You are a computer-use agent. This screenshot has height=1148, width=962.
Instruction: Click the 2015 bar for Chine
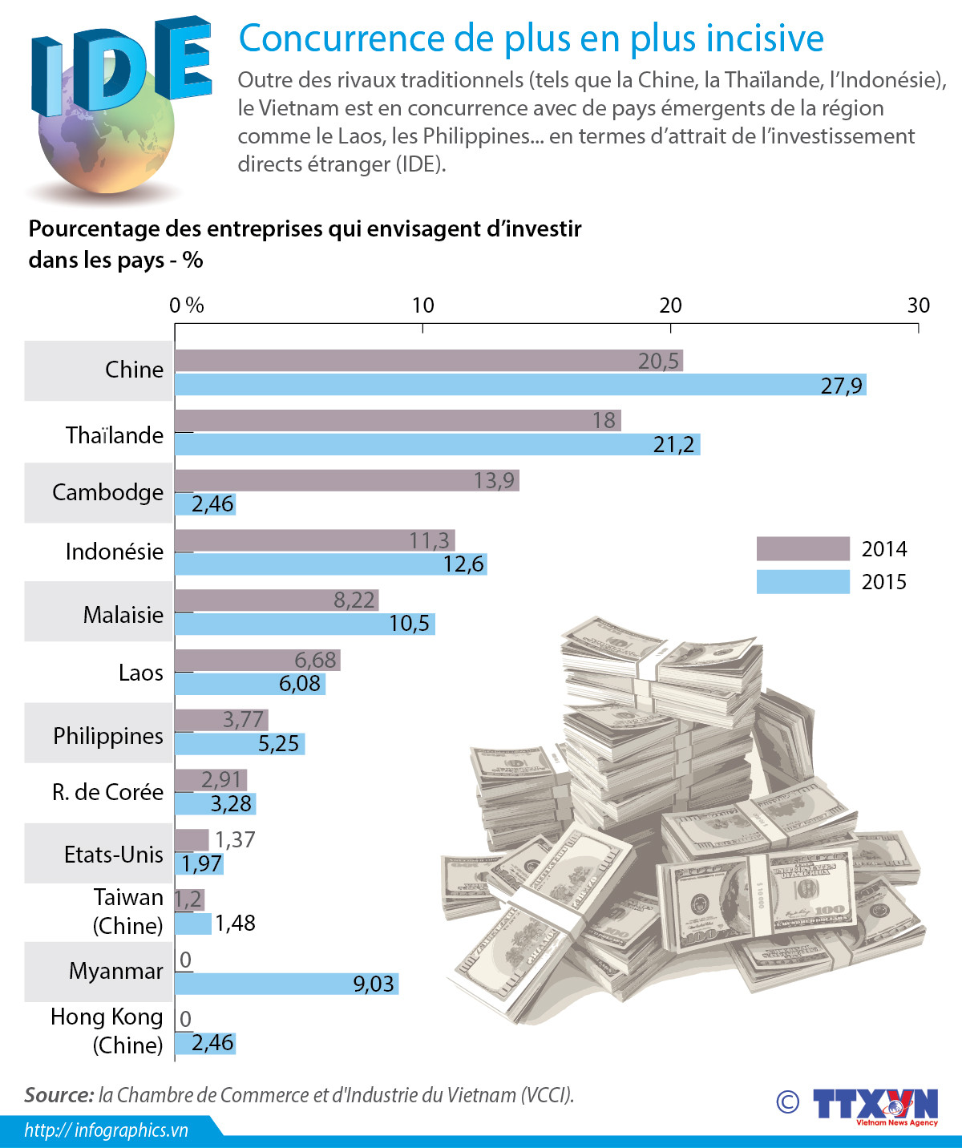(x=520, y=385)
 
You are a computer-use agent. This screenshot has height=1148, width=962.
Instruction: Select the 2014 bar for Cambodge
(x=346, y=480)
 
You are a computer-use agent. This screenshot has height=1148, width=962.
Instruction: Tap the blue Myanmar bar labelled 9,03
(x=286, y=984)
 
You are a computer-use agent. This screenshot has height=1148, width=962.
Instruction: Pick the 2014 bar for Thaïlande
(x=398, y=420)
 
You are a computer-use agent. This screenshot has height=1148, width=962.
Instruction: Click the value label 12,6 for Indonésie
(x=464, y=564)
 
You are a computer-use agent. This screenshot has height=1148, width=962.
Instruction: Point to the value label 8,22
(x=354, y=600)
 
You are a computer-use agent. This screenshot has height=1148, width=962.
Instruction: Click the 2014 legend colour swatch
(x=802, y=549)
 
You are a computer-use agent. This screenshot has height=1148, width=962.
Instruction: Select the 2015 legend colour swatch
(x=802, y=582)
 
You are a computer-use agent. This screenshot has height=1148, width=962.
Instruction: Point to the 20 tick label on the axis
(x=670, y=305)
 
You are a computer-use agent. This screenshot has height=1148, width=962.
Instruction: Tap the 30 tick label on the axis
(x=918, y=305)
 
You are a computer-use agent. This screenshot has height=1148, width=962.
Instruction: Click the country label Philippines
(x=108, y=736)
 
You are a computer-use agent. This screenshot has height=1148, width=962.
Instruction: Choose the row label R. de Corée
(x=108, y=792)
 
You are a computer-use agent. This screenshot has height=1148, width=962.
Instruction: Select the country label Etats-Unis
(x=114, y=855)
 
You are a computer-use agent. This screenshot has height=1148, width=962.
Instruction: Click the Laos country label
(x=141, y=673)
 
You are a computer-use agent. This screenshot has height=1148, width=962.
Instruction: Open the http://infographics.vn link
(x=106, y=1130)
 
